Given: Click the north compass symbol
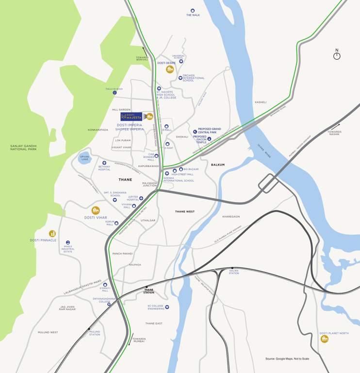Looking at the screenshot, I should pos(337,56).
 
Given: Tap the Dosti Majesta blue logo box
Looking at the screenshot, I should pos(131,117).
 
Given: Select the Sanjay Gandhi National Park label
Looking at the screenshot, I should pos(23,147).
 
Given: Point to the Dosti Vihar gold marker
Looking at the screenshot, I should pos(96,210).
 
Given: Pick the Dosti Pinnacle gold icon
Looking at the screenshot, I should pos(52,234).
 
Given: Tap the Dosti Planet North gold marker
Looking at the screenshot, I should pos(324,339).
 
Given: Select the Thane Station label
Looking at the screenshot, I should pos(149,291).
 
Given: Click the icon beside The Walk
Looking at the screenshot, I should pos(193,10).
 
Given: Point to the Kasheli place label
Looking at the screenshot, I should pos(261,102).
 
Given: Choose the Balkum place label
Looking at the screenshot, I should pos(218,165).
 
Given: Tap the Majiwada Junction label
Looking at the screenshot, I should pos(149,184).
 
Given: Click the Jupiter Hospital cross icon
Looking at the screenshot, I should pos(141,198).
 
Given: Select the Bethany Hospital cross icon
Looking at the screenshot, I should pos(104,163).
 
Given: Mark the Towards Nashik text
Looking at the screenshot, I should pos(334,133).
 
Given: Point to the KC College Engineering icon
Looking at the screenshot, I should pos(167,307).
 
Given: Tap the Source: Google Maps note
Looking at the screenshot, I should pos(287,358).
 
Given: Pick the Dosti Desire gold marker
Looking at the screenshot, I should pos(170,69).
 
